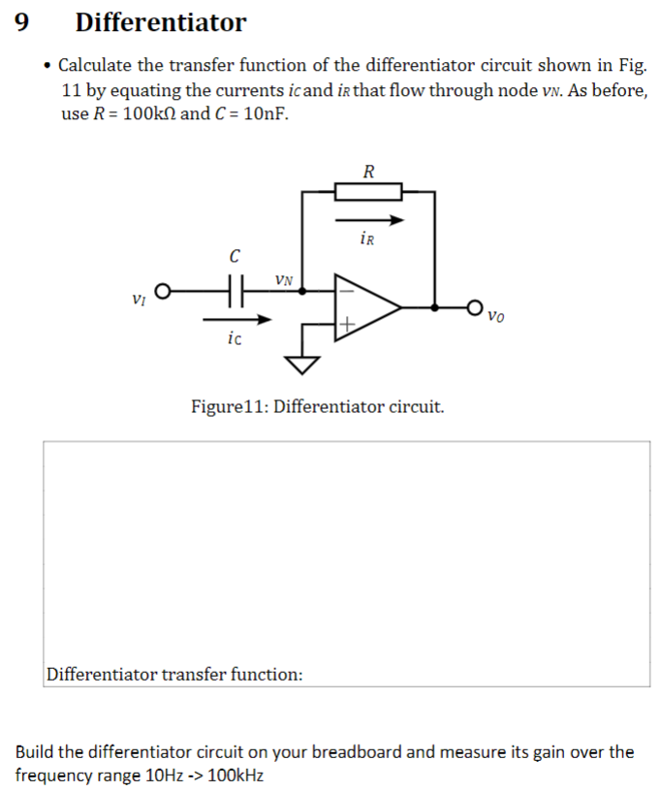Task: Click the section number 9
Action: tap(23, 21)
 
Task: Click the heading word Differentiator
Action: tap(161, 21)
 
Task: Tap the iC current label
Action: tap(234, 338)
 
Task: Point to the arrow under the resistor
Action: tap(368, 220)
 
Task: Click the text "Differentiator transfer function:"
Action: tap(174, 673)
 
